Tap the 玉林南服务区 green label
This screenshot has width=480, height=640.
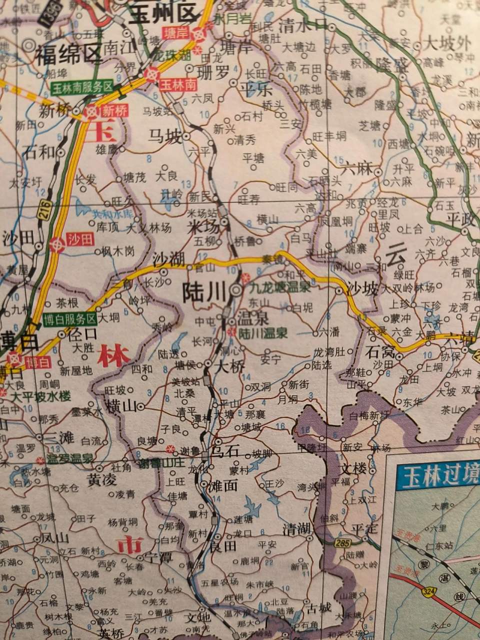[82, 86]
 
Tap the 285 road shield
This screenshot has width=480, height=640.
[343, 541]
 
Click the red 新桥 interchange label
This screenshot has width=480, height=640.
[115, 111]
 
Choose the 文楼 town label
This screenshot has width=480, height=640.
[353, 470]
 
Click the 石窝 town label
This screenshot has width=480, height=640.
[380, 350]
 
